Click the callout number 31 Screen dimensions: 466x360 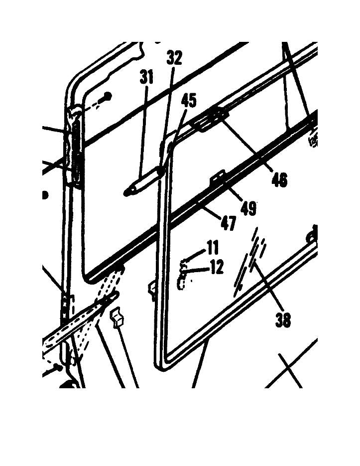click(146, 78)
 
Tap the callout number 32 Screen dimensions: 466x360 click(174, 58)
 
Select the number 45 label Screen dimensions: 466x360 click(188, 100)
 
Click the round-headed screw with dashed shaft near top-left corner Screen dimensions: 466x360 click(107, 96)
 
